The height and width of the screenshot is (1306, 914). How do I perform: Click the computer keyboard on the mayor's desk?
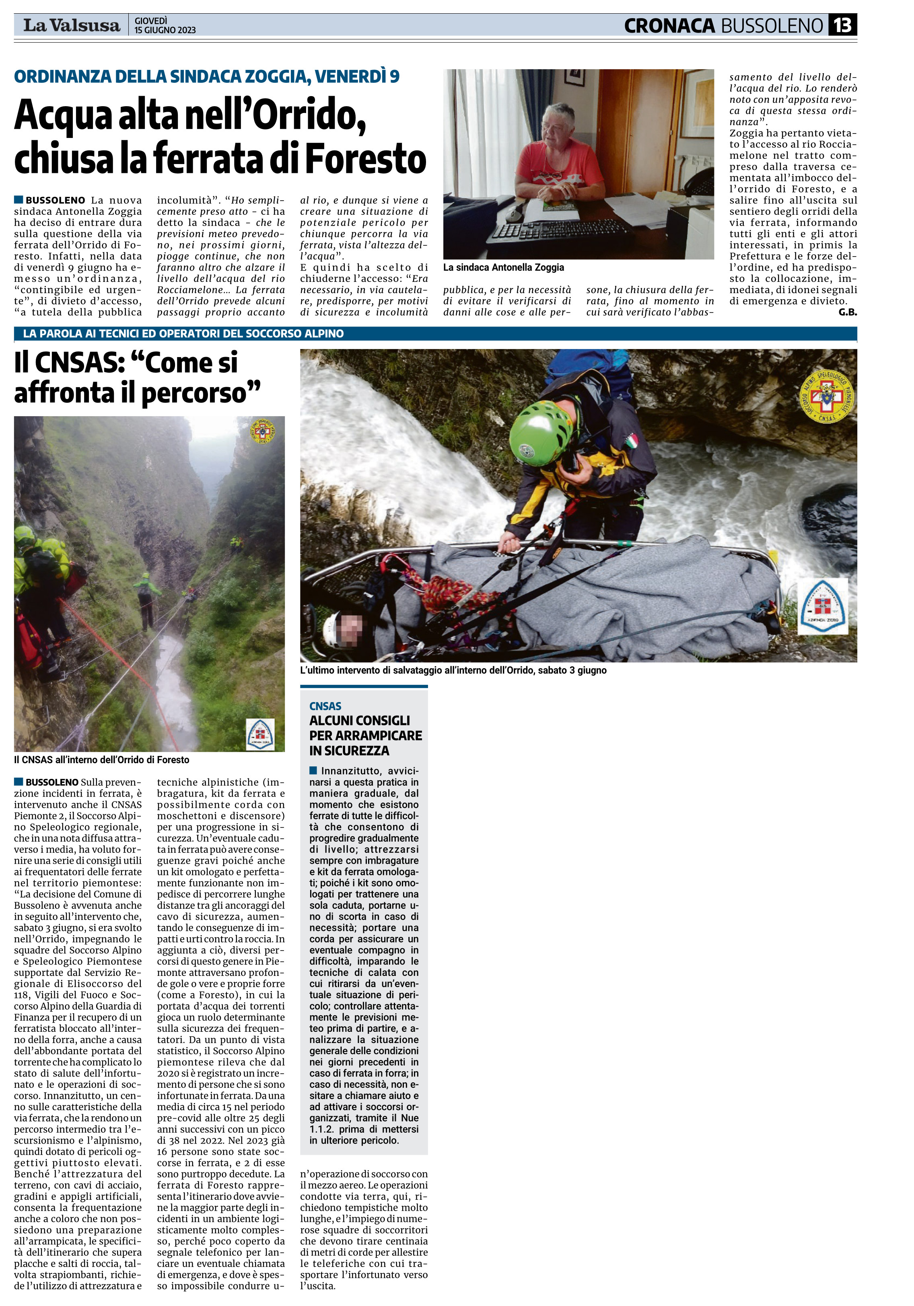click(x=560, y=229)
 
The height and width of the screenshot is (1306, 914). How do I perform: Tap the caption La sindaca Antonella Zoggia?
click(x=503, y=267)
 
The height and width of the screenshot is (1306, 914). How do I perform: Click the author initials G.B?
click(x=847, y=312)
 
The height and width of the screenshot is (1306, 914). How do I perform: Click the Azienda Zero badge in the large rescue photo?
click(x=822, y=606)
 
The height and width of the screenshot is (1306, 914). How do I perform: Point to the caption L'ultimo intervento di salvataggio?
click(x=453, y=670)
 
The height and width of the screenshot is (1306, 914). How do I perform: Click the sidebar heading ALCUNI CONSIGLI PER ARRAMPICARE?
click(x=365, y=735)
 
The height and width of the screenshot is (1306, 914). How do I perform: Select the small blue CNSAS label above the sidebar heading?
click(x=325, y=706)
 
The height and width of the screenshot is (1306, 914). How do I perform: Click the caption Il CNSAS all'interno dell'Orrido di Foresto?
click(x=101, y=760)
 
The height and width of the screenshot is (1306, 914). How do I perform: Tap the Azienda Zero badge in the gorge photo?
click(x=260, y=734)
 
